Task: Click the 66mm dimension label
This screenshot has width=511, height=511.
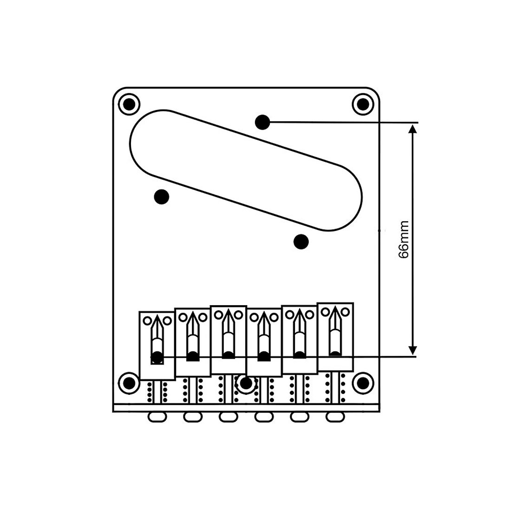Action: click(404, 240)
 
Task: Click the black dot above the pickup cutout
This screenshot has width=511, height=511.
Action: click(262, 122)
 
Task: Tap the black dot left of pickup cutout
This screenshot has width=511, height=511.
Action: click(161, 197)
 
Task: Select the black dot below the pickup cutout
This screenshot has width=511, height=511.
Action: click(301, 241)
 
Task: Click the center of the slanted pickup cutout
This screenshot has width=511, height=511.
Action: click(246, 170)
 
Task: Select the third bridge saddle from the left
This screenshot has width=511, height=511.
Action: click(228, 340)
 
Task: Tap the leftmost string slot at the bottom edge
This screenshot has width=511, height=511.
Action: click(157, 417)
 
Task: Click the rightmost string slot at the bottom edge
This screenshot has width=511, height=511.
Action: click(335, 417)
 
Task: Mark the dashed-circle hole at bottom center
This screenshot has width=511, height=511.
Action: click(246, 383)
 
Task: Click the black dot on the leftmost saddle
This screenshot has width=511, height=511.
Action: click(157, 358)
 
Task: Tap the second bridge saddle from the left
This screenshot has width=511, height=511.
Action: click(193, 342)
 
